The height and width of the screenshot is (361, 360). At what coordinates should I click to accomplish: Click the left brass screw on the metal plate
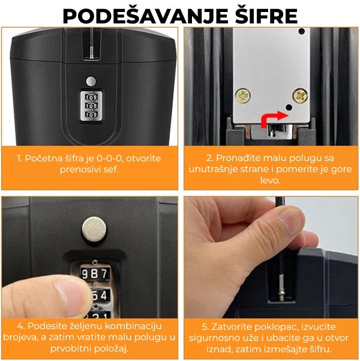(242, 96)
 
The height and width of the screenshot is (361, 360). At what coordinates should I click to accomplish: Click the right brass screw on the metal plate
(300, 95)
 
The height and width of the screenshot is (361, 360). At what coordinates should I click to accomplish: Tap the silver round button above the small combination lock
(91, 82)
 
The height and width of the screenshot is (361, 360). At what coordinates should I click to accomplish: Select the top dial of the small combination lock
(91, 97)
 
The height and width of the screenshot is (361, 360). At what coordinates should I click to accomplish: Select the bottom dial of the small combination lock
(91, 115)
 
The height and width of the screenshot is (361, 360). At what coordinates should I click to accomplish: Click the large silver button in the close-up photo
(94, 229)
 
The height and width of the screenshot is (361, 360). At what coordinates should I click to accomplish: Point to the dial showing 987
(95, 274)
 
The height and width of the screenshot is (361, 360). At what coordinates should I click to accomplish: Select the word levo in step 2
(270, 180)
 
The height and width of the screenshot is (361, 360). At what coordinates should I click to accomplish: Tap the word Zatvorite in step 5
(233, 327)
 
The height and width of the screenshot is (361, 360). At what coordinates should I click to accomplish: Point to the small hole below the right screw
(289, 107)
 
